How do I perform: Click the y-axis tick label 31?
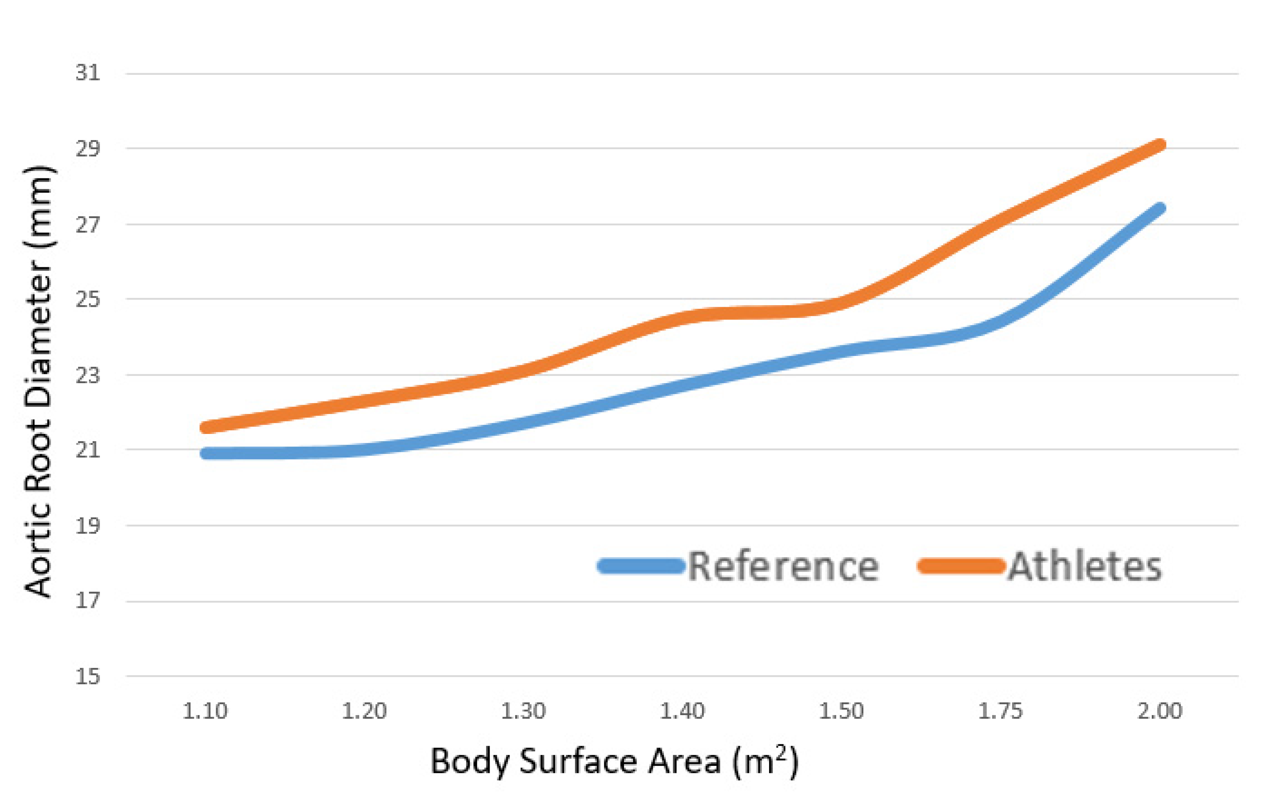coord(87,73)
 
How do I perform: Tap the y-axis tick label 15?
coord(87,677)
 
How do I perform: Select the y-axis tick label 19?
coord(87,525)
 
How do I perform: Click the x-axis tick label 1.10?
coord(205,711)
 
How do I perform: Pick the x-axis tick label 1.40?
coord(682,711)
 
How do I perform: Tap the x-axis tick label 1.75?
coord(1000,711)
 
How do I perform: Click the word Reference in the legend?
coord(783,567)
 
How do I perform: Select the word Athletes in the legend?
coord(1085,567)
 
